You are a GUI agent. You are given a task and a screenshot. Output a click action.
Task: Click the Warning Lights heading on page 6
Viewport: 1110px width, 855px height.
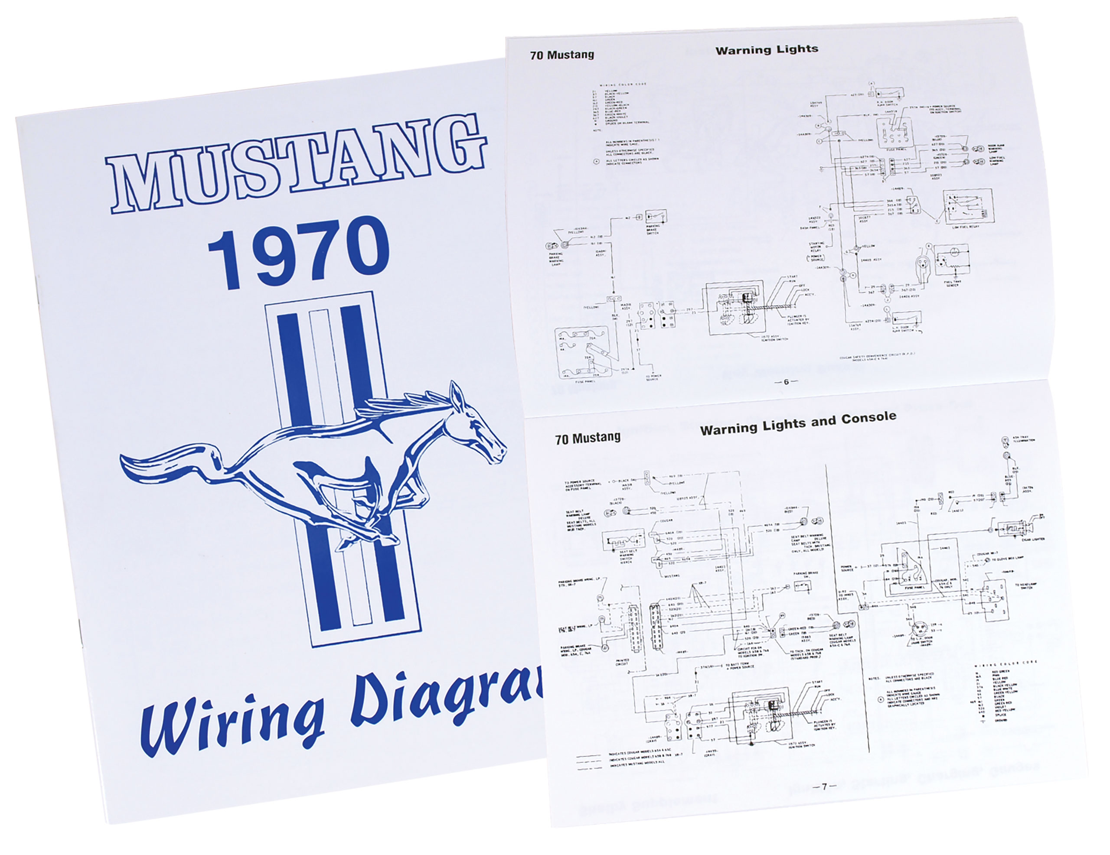point(767,50)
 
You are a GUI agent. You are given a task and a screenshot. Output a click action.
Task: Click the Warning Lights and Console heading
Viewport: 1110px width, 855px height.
point(798,423)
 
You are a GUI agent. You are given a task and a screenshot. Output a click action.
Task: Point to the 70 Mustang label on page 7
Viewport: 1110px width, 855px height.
point(588,439)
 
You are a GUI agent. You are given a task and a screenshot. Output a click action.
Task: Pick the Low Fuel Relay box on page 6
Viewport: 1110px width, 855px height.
point(968,207)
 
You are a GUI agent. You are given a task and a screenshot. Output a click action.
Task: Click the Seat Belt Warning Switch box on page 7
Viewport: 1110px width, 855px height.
point(623,540)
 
